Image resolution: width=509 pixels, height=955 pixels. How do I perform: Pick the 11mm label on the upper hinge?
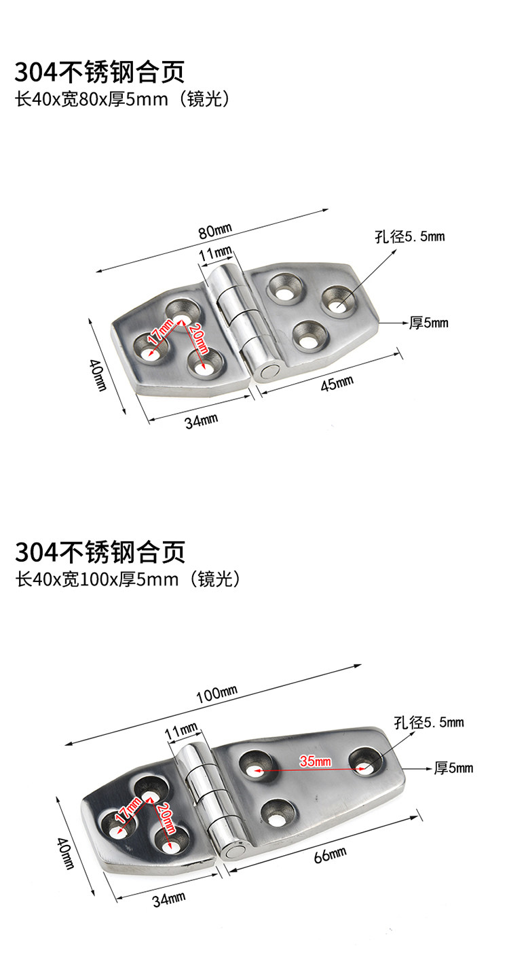(x=215, y=253)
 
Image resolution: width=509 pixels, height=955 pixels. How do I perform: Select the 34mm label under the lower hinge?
(x=169, y=900)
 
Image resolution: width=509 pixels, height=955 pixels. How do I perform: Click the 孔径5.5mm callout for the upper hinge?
(x=409, y=237)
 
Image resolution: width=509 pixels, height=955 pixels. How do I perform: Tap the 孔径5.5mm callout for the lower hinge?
(x=429, y=723)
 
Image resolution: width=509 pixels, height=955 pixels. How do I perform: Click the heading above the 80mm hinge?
(x=100, y=71)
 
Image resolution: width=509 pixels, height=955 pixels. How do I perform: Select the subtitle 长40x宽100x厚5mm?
(x=128, y=579)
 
